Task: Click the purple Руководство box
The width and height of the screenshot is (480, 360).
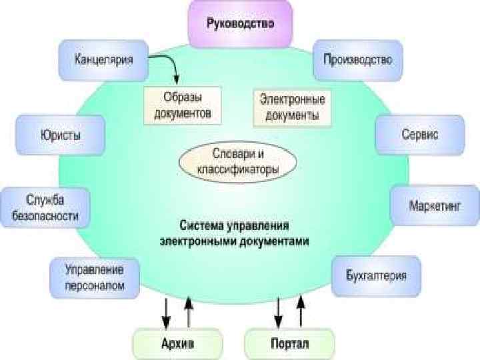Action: [x=240, y=23]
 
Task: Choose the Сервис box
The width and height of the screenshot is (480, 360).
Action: [x=419, y=135]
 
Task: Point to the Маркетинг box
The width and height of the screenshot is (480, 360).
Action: [x=435, y=205]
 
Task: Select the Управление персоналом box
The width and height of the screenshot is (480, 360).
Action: [x=95, y=278]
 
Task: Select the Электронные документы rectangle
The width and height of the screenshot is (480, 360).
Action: [x=292, y=108]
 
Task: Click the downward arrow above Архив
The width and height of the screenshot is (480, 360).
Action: [x=166, y=311]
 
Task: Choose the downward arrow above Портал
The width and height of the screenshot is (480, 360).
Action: [x=278, y=311]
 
